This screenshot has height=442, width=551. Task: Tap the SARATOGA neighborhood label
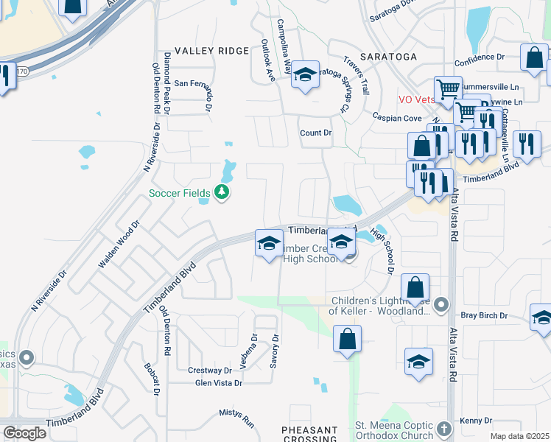[x=390, y=57]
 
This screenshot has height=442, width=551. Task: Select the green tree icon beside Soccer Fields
[x=222, y=193]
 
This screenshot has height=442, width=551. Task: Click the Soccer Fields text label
[x=180, y=194]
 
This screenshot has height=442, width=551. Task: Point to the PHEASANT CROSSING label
[x=310, y=434]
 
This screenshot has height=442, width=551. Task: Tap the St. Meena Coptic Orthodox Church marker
[x=443, y=427]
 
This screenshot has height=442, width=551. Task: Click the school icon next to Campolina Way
[x=305, y=74]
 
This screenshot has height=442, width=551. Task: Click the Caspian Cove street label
[x=397, y=118]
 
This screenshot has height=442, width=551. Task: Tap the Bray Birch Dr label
[x=484, y=315]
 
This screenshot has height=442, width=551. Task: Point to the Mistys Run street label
[x=236, y=419]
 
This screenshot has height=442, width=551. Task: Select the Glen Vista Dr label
[x=218, y=383]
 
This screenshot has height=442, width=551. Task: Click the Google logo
[x=24, y=433]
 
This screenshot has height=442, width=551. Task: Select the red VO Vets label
[x=417, y=99]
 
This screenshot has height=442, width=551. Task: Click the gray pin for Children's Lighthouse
[x=441, y=304]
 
